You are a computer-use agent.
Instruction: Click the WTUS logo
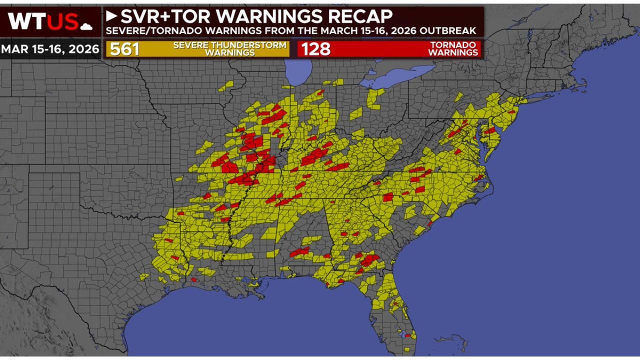coord(43,21)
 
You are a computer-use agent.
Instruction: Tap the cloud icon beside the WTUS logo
coord(86,26)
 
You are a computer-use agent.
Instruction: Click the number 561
coord(124,49)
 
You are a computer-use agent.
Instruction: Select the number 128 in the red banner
coord(315,49)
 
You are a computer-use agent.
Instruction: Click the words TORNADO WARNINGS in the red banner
coord(453,49)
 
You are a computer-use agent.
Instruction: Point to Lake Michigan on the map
coord(300,70)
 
